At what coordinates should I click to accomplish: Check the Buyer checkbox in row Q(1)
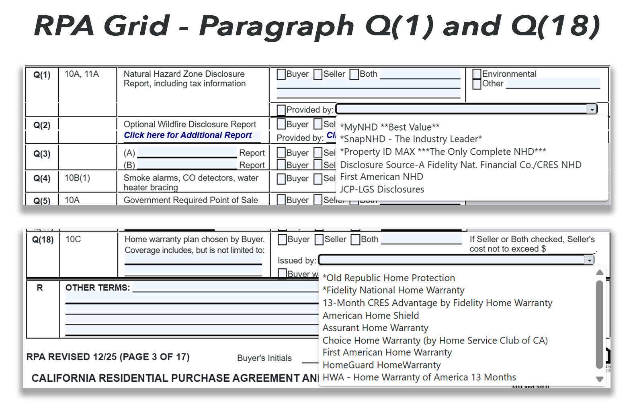[x=281, y=75]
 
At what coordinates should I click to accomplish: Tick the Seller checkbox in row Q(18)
[x=319, y=240]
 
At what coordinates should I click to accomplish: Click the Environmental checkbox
[x=477, y=74]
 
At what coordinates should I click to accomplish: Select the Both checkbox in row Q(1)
[x=354, y=75]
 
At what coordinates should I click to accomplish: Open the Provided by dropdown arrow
[x=592, y=109]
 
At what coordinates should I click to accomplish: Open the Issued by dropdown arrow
[x=589, y=260]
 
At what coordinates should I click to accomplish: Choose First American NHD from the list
[x=381, y=177]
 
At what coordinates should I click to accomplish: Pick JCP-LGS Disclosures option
[x=382, y=189]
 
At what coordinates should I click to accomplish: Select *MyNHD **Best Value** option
[x=389, y=127]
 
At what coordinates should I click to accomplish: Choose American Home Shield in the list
[x=371, y=315]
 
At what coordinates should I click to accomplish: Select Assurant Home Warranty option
[x=375, y=328]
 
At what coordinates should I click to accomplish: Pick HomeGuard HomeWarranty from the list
[x=381, y=365]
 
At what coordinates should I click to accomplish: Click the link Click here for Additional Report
[x=188, y=135]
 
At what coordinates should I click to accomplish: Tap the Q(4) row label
[x=42, y=178]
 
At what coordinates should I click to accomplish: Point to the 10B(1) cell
[x=77, y=178]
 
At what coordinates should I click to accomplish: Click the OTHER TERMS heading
[x=98, y=288]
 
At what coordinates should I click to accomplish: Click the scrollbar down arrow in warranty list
[x=600, y=379]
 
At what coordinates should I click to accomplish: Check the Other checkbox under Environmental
[x=477, y=84]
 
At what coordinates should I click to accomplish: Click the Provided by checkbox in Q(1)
[x=281, y=110]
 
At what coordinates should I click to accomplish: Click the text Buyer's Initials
[x=264, y=358]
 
